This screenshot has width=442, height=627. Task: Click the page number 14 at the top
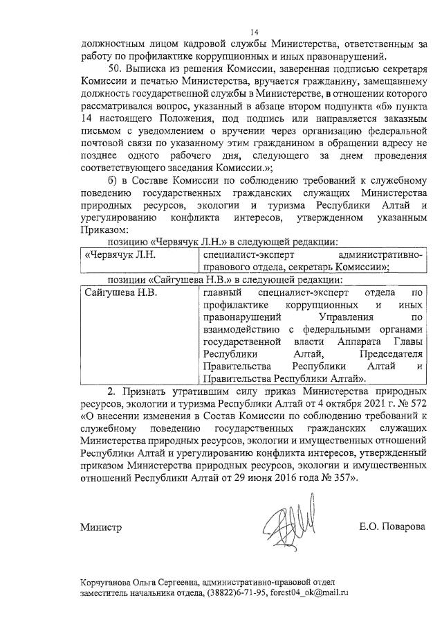point(254,31)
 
